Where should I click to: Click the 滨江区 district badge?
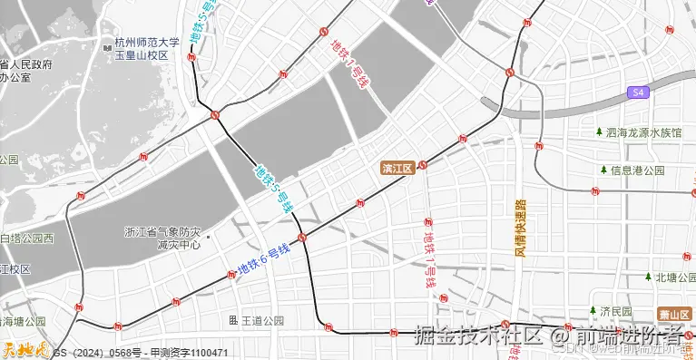pos(397,168)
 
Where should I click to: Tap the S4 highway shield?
pos(639,92)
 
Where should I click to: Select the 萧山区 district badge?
pos(677,313)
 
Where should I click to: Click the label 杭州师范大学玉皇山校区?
pos(146,49)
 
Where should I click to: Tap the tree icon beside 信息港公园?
pos(603,170)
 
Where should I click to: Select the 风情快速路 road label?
pos(520,228)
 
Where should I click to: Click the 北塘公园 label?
pos(674,277)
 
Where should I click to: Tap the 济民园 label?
pos(622,311)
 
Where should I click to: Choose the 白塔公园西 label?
pos(26,238)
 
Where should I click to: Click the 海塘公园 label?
pos(23,321)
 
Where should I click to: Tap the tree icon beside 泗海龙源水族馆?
pos(599,132)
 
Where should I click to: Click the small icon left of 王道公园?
pos(233,320)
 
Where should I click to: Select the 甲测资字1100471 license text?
pos(189,352)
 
